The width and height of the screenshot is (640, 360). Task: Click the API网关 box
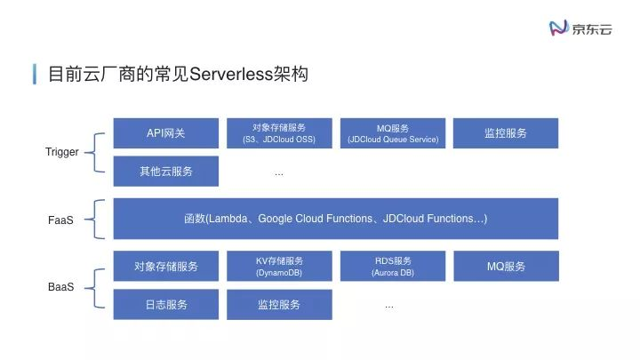pyautogui.click(x=166, y=133)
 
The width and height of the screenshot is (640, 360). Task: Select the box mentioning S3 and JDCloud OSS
pyautogui.click(x=279, y=133)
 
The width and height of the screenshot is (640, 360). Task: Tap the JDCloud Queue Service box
pyautogui.click(x=393, y=133)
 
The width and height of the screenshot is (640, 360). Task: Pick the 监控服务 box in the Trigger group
pyautogui.click(x=506, y=133)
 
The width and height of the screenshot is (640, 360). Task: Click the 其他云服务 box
pyautogui.click(x=166, y=172)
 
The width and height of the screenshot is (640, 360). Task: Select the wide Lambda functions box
pyautogui.click(x=336, y=219)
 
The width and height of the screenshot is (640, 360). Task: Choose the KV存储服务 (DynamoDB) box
pyautogui.click(x=279, y=267)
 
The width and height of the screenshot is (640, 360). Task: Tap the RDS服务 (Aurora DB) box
pyautogui.click(x=393, y=267)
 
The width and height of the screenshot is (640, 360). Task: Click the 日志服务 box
pyautogui.click(x=166, y=305)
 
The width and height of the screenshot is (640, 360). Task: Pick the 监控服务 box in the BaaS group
pyautogui.click(x=279, y=305)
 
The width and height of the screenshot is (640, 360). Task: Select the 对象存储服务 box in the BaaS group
pyautogui.click(x=166, y=267)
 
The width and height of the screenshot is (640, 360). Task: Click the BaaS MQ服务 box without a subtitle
pyautogui.click(x=506, y=267)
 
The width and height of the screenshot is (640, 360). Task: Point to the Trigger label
pyautogui.click(x=62, y=152)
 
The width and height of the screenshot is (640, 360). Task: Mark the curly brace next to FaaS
pyautogui.click(x=100, y=219)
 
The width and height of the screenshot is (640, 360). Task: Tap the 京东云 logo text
pyautogui.click(x=592, y=28)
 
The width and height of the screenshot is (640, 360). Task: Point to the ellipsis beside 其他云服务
pyautogui.click(x=279, y=173)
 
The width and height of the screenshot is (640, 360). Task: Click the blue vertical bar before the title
pyautogui.click(x=35, y=73)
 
